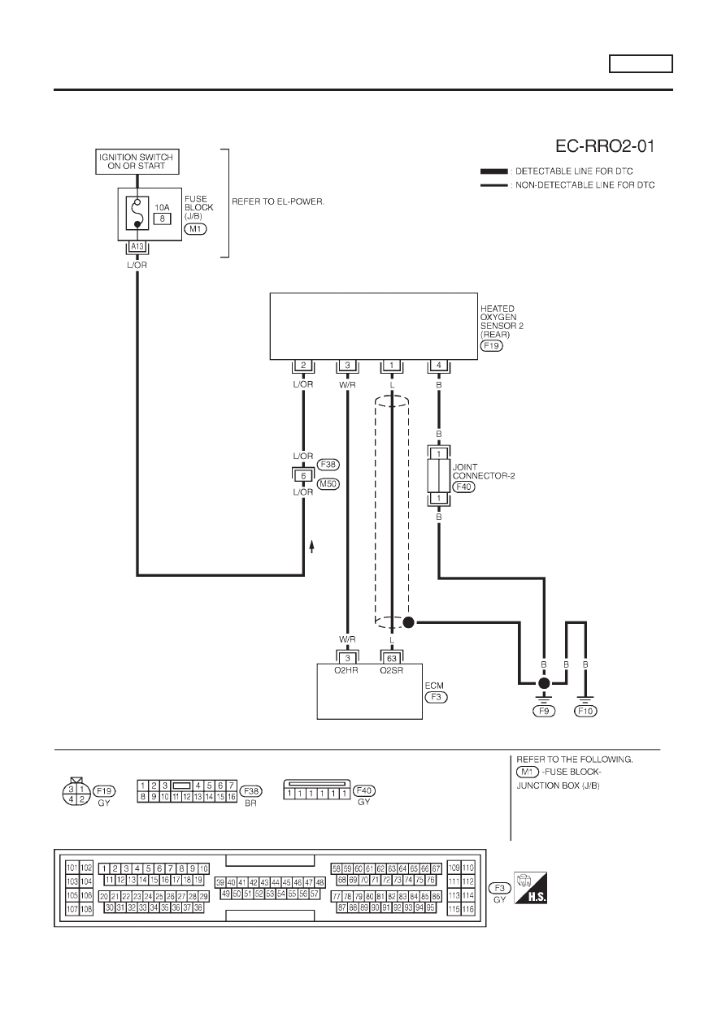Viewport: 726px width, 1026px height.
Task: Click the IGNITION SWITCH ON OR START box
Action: (137, 162)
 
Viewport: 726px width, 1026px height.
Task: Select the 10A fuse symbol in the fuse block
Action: (137, 213)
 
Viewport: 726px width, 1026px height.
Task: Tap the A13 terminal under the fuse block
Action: (137, 247)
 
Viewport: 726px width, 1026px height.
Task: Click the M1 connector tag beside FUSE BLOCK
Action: (195, 228)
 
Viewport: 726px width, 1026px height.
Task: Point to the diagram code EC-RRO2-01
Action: (605, 146)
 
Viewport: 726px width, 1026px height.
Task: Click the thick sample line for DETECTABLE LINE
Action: (494, 171)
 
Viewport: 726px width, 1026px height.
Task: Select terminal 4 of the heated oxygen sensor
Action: (439, 366)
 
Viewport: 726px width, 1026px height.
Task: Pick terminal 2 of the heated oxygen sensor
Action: (303, 366)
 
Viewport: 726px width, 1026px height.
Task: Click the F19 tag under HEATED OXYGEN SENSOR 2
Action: (491, 345)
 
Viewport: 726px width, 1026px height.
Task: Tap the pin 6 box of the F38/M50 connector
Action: (303, 476)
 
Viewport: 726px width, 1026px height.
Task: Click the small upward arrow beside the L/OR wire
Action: (311, 546)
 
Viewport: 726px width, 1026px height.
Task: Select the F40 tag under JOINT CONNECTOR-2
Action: (464, 487)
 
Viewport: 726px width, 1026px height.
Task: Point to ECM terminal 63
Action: (392, 659)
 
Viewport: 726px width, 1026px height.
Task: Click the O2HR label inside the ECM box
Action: (346, 670)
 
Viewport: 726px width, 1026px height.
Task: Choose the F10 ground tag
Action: (585, 711)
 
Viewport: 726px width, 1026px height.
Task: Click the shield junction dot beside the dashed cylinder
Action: (408, 622)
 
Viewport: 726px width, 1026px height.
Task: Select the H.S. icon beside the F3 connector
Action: (531, 887)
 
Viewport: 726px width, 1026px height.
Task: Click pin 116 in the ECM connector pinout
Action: (467, 909)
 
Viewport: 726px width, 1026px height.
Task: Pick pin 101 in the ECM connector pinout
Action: (72, 868)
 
